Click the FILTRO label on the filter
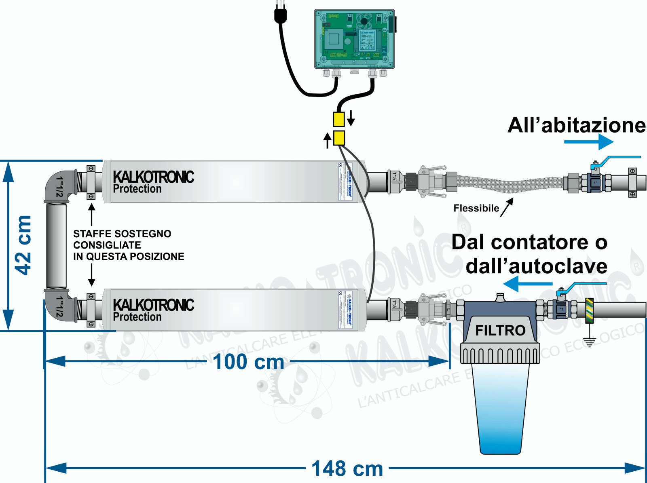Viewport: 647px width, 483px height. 500,331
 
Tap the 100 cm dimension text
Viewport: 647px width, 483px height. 248,362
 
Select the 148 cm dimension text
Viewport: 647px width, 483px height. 347,469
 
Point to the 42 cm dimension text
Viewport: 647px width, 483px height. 23,245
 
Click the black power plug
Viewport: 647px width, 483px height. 280,15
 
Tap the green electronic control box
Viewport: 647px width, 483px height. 354,39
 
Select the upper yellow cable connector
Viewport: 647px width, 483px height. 338,119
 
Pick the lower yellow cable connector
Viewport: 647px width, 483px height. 339,138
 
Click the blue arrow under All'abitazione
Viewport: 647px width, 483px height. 589,142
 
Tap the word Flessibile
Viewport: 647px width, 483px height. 476,208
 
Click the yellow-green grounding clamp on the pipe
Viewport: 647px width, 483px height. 589,310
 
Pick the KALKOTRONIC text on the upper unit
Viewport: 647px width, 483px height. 153,177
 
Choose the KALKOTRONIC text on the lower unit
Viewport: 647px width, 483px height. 153,305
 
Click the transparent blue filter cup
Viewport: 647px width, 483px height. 500,408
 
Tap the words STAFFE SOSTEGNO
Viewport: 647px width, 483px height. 122,234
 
